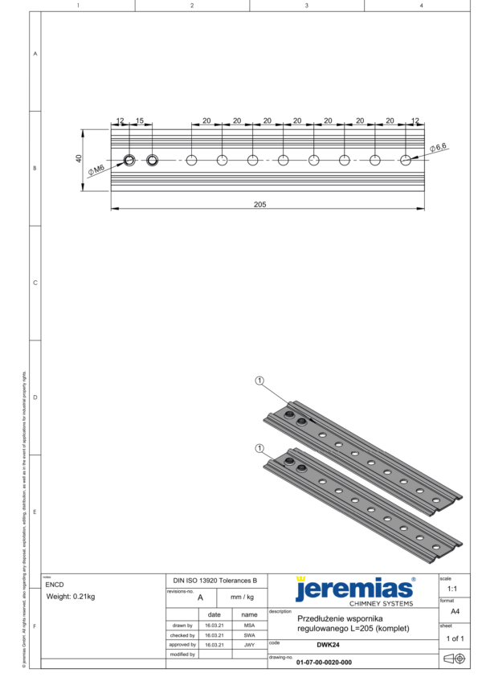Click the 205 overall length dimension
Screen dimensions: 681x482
tap(259, 204)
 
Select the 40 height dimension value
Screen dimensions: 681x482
tap(79, 159)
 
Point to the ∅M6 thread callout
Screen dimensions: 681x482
tap(97, 168)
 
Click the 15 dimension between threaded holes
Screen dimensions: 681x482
tap(140, 120)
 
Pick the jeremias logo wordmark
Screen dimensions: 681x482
tap(353, 589)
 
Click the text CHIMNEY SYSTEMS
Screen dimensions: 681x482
tap(382, 603)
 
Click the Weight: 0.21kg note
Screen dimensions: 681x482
tap(71, 597)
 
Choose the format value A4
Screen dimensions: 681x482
tap(455, 611)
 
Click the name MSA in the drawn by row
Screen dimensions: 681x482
tap(250, 624)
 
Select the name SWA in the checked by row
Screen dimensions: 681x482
tap(250, 634)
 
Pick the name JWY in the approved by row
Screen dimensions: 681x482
tap(250, 644)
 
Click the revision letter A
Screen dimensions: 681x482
tap(199, 597)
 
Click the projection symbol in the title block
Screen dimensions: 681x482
tap(455, 659)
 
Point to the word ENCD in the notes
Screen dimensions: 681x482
tap(55, 585)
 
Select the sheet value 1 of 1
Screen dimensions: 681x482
tap(455, 638)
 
